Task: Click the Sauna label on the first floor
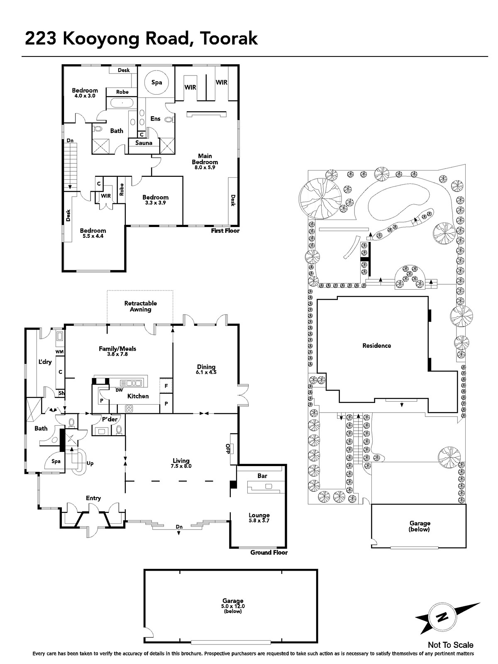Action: [x=144, y=143]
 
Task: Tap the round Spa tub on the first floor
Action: [x=156, y=82]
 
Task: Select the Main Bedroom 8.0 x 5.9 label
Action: [x=205, y=161]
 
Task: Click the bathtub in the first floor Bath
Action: [x=122, y=103]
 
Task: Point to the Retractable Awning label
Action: [x=141, y=306]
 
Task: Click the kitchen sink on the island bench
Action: [x=131, y=383]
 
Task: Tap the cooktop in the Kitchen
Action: [x=129, y=409]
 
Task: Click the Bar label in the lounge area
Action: [x=262, y=476]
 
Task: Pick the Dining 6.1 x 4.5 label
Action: [x=206, y=369]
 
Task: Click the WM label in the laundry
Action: [x=59, y=352]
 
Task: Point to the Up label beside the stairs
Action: [x=90, y=463]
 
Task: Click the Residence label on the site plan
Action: [x=376, y=345]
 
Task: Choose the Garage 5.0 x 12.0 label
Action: [x=233, y=605]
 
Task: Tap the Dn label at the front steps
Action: [x=179, y=527]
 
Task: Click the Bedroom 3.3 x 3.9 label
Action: [x=155, y=200]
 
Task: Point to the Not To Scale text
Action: [x=451, y=645]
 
